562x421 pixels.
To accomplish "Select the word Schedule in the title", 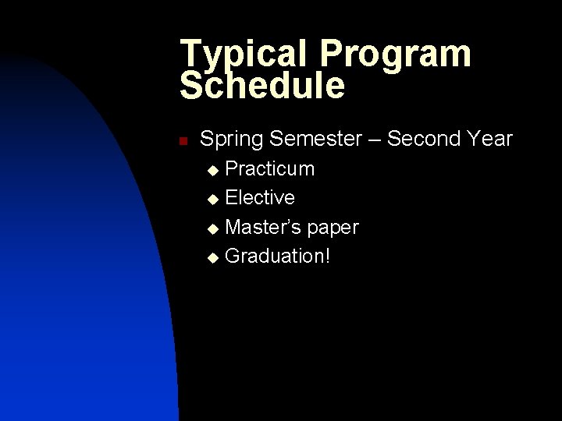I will (261, 86).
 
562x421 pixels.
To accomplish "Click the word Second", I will (424, 140).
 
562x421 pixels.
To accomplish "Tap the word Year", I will (490, 140).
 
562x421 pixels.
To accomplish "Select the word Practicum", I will (270, 169).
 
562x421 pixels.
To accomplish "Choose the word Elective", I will (260, 198).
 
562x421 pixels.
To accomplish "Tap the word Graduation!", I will (277, 257).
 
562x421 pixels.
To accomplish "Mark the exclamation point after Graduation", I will (327, 256).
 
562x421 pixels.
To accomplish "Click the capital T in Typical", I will (190, 54).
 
